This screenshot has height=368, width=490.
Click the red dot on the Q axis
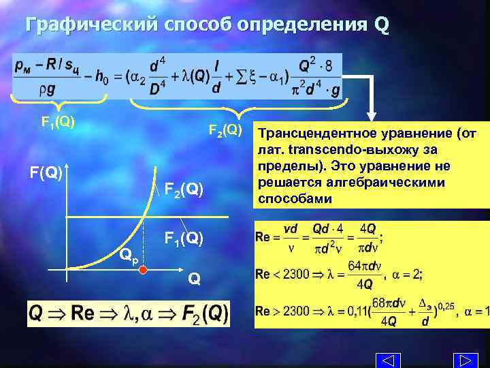click(144, 271)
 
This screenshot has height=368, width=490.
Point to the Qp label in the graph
click(128, 256)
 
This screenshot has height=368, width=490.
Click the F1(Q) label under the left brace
click(58, 123)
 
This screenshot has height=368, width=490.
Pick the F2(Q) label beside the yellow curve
click(184, 189)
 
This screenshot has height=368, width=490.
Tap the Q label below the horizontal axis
click(195, 278)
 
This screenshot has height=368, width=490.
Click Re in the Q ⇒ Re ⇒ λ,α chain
click(82, 314)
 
